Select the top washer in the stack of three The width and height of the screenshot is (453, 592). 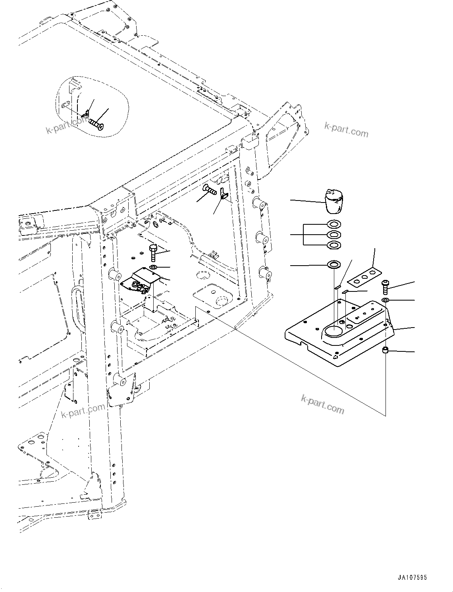click(x=333, y=224)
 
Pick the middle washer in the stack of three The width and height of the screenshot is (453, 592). click(x=333, y=235)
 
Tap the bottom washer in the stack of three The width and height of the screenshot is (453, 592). click(x=333, y=245)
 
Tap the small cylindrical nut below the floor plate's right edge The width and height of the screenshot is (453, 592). click(x=385, y=350)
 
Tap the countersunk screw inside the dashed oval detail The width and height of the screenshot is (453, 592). click(x=96, y=123)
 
